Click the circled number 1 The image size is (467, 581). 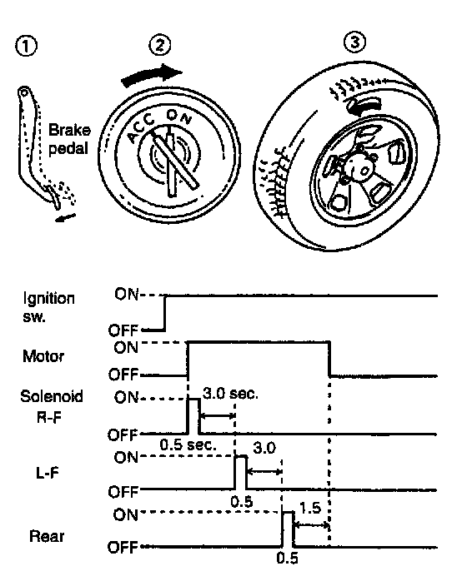coord(27,47)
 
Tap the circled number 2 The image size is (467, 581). coord(160,45)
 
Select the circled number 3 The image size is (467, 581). coord(355,42)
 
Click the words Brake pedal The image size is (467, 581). coord(69,139)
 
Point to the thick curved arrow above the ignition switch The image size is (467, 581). coord(152,75)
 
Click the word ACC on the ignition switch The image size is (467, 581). coord(141,127)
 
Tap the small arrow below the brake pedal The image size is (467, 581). coord(65,218)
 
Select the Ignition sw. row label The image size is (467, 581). coord(48,307)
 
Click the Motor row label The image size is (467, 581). coord(43,356)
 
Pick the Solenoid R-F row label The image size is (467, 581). coord(51,406)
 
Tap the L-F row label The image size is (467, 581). coord(48,473)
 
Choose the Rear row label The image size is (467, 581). coord(47,536)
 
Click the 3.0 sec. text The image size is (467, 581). coord(230,394)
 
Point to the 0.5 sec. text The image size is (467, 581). coord(188,444)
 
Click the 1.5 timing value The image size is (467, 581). coord(310,508)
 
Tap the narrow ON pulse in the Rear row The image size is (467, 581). coord(288,529)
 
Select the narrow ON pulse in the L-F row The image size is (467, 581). coord(241,473)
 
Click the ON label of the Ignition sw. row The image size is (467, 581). coord(126,295)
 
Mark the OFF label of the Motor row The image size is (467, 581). coord(123,375)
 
